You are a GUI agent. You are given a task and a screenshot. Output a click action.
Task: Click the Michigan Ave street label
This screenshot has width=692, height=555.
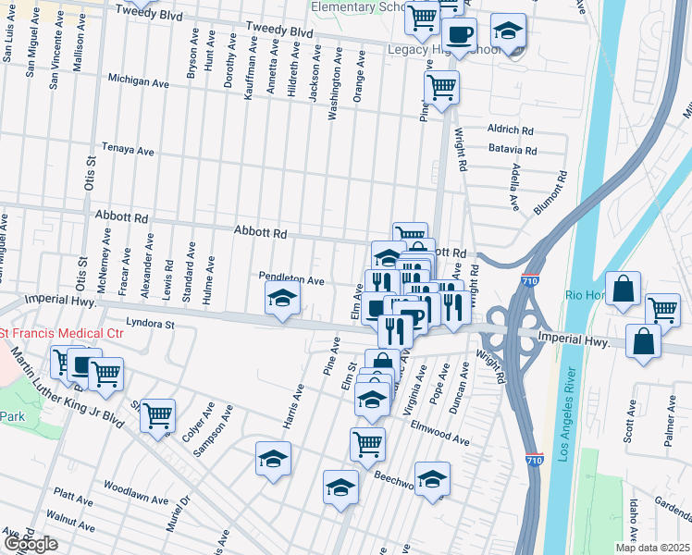138,81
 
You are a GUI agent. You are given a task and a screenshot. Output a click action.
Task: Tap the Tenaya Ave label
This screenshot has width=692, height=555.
128,149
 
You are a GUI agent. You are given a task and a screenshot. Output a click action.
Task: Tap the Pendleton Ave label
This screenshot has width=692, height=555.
290,280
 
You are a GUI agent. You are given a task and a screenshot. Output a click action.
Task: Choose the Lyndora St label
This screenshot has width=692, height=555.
150,324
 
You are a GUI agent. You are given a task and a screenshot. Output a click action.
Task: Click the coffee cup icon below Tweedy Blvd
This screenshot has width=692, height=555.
459,35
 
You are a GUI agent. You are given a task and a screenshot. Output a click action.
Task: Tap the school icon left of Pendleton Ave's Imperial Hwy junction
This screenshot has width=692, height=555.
283,298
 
